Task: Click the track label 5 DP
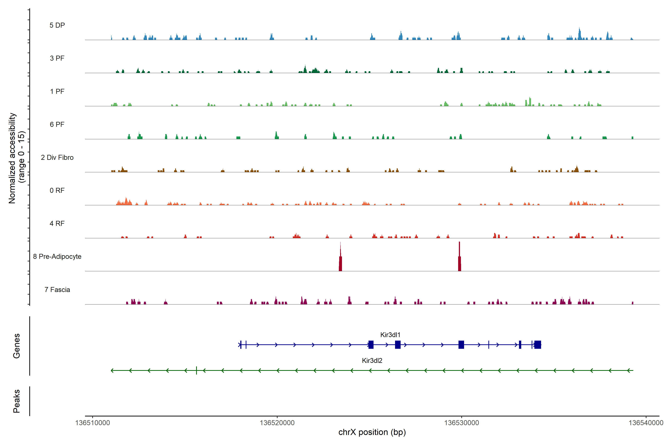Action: pos(57,25)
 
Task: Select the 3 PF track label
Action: pos(57,58)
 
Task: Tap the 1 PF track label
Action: pos(57,91)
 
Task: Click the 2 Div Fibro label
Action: pos(57,157)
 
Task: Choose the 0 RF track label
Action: pos(57,190)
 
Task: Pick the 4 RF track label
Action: pos(57,223)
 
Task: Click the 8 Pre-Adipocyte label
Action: pos(57,257)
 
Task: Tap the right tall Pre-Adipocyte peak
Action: pos(459,258)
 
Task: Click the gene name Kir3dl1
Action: pos(390,335)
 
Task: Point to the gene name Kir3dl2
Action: pos(372,360)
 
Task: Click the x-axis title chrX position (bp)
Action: pos(372,432)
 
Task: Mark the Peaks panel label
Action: pos(17,401)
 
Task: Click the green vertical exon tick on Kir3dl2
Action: pos(196,370)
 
